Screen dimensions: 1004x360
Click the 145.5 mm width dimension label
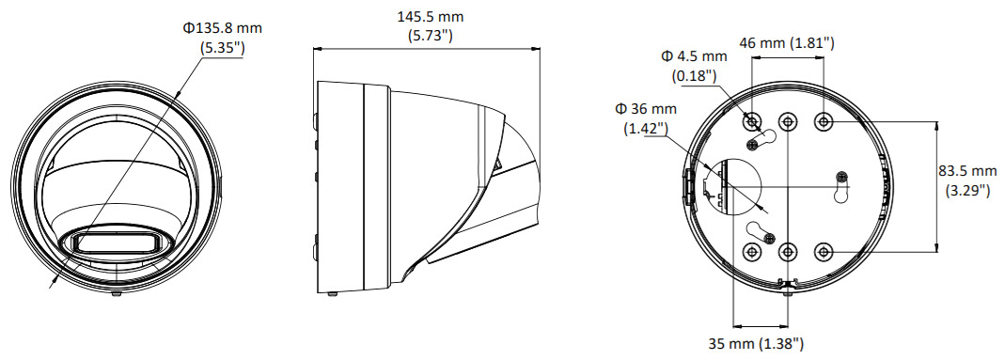[430, 17]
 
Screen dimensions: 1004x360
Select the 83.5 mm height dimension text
[967, 171]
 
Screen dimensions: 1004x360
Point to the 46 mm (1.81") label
[787, 43]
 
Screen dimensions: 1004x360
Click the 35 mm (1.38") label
[756, 344]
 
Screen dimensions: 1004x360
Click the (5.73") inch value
[431, 36]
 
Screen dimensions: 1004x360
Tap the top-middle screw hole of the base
[787, 121]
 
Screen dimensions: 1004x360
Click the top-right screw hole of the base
[823, 121]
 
